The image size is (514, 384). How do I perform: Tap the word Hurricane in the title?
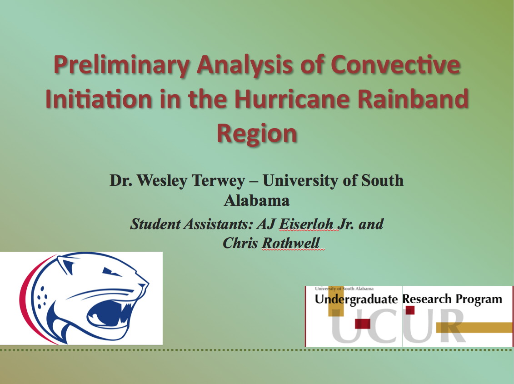point(292,99)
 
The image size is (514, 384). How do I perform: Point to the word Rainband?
point(413,99)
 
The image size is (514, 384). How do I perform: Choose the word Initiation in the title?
point(98,99)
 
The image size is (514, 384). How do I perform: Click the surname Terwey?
point(218,181)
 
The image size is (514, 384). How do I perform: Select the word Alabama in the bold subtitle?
point(257,200)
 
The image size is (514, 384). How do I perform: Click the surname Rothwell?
point(290,243)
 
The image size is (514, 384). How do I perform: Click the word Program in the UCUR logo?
point(479,299)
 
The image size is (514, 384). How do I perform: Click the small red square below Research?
point(410,310)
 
